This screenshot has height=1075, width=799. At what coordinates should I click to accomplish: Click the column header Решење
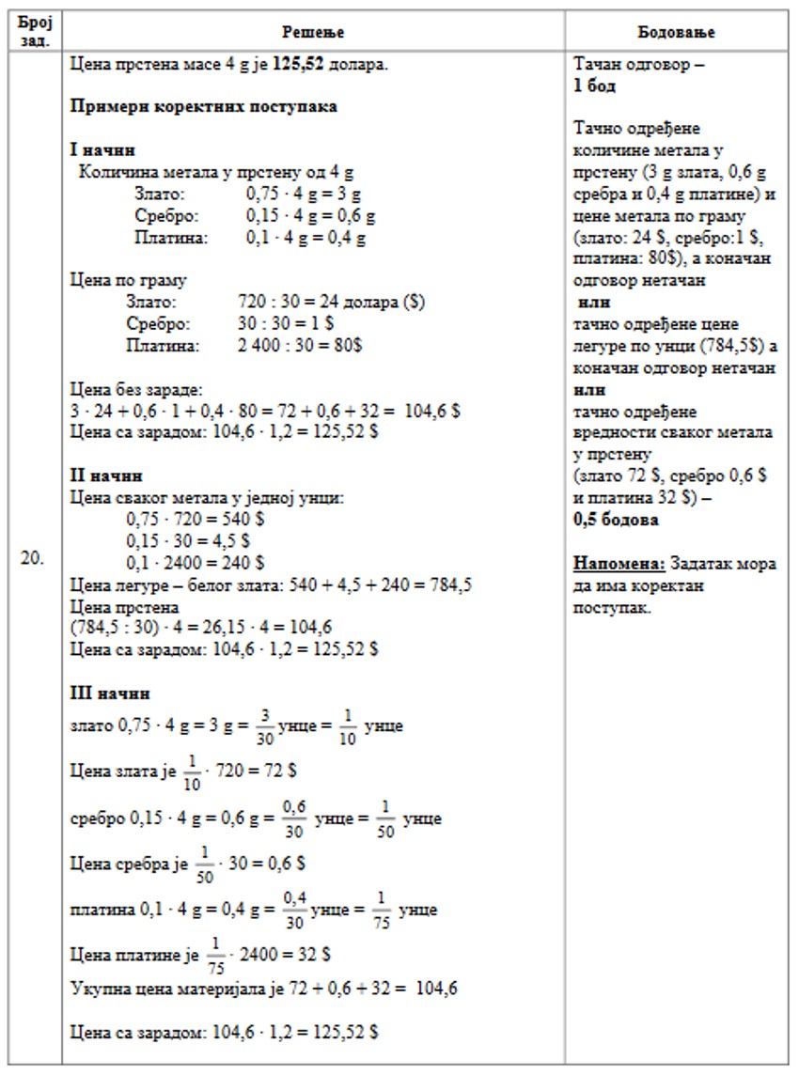(x=313, y=33)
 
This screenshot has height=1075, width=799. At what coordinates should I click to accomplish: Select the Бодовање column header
(x=676, y=33)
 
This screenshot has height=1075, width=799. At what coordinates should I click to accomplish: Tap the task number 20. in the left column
(x=32, y=558)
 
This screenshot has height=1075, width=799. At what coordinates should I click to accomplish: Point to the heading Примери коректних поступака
(x=204, y=106)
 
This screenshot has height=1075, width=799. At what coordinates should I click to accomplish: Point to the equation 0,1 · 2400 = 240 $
(x=195, y=563)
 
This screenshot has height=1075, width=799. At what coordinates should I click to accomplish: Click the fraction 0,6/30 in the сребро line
(x=295, y=818)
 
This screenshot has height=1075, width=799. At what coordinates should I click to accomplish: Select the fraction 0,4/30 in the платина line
(x=294, y=910)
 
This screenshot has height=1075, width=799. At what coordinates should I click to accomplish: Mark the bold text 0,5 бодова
(x=616, y=520)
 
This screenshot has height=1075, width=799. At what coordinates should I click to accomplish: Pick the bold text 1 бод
(x=594, y=86)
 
